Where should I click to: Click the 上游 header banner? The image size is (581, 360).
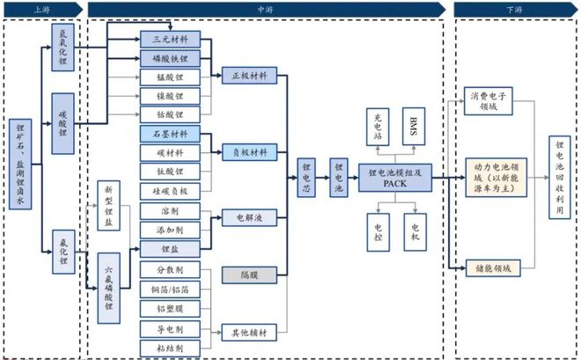41,9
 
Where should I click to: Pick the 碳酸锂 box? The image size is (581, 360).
63,124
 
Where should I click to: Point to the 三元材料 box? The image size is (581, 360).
170,40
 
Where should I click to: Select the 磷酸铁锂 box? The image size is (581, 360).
170,58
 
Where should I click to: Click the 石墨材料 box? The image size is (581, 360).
170,134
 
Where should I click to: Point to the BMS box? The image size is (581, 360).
415,127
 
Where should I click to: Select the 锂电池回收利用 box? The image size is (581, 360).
559,181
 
